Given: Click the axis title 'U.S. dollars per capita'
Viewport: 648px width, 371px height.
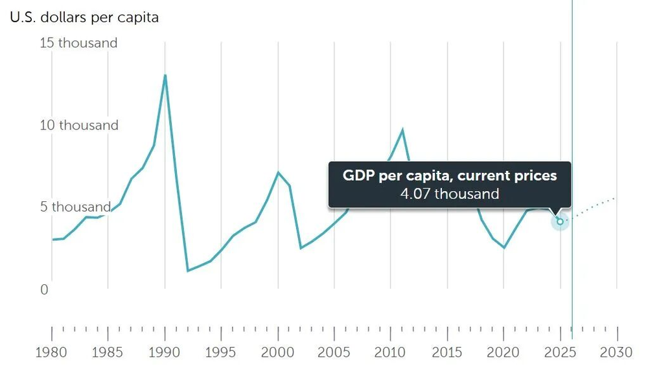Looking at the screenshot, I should pos(84,17).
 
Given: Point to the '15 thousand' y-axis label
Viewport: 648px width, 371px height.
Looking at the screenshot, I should pos(78,43).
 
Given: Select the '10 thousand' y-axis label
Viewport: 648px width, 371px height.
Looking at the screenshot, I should pos(78,125).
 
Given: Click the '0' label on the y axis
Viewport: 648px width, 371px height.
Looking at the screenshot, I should pos(44,289).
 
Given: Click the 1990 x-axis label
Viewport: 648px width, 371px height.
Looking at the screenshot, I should pos(165,352).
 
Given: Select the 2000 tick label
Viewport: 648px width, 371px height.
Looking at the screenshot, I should pos(279,352).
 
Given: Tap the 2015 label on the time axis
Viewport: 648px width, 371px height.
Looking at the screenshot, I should pos(448,352).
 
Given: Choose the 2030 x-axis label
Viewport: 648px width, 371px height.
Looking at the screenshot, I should pos(616,352).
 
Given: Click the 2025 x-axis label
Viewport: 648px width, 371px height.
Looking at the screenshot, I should pos(560,352).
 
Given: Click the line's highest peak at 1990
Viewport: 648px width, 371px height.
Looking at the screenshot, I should pos(165,75).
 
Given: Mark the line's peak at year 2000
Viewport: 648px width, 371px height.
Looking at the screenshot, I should pos(279,172).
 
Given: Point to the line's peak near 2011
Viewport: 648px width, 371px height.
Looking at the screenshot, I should pos(402,129).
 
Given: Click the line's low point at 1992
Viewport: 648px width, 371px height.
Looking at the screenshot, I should pos(188,271).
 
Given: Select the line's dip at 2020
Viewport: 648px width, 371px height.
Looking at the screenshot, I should pos(504,247).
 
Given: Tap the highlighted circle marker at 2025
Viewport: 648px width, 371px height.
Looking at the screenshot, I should pos(561,221).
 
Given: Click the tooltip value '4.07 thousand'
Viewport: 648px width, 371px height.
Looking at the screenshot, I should pos(450,194).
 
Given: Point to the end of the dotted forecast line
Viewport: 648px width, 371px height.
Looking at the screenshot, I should pos(616,197).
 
